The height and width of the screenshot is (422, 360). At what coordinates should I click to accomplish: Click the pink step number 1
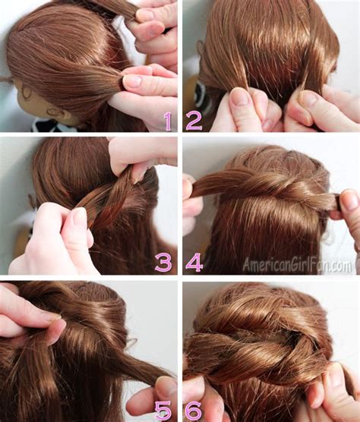pyautogui.click(x=168, y=121)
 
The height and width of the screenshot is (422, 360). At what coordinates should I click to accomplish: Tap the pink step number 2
pyautogui.click(x=194, y=121)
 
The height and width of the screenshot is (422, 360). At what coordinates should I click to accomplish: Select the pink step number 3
pyautogui.click(x=163, y=263)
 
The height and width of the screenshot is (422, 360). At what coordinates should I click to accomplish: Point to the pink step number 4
pyautogui.click(x=194, y=263)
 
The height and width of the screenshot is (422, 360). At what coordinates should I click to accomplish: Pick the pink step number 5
pyautogui.click(x=163, y=411)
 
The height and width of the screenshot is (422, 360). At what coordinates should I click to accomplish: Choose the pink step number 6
pyautogui.click(x=194, y=411)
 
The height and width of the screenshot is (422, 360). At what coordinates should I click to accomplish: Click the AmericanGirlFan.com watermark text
pyautogui.click(x=297, y=266)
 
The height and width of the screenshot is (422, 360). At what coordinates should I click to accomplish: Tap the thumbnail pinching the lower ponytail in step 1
pyautogui.click(x=132, y=81)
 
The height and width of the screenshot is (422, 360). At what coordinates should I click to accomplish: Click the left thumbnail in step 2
pyautogui.click(x=240, y=96)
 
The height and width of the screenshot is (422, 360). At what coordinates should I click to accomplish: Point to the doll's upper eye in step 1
pyautogui.click(x=26, y=93)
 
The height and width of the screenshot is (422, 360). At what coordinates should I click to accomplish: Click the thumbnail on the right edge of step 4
pyautogui.click(x=350, y=200)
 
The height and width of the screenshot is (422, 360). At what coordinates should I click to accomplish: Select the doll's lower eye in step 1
pyautogui.click(x=53, y=111)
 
